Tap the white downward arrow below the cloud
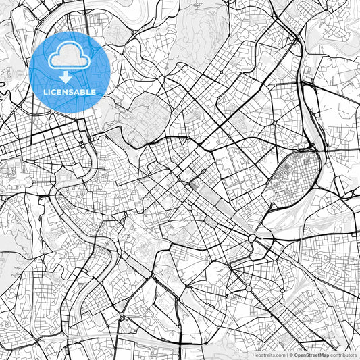pyautogui.click(x=66, y=77)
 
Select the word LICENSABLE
pyautogui.click(x=70, y=92)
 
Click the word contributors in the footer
pyautogui.click(x=344, y=355)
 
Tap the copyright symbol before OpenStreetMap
pyautogui.click(x=291, y=355)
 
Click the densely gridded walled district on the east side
pyautogui.click(x=295, y=178)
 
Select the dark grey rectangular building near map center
pyautogui.click(x=195, y=183)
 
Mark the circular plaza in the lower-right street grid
pyautogui.click(x=248, y=288)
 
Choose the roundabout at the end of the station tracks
pyautogui.click(x=254, y=238)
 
